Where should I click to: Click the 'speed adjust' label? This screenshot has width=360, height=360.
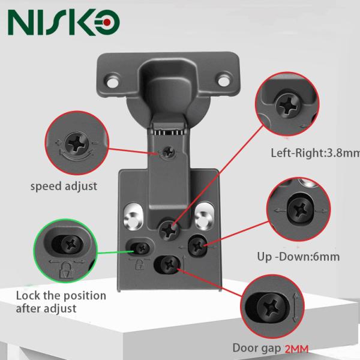tap(64, 187)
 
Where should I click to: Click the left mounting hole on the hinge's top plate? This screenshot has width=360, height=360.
tap(113, 78)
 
